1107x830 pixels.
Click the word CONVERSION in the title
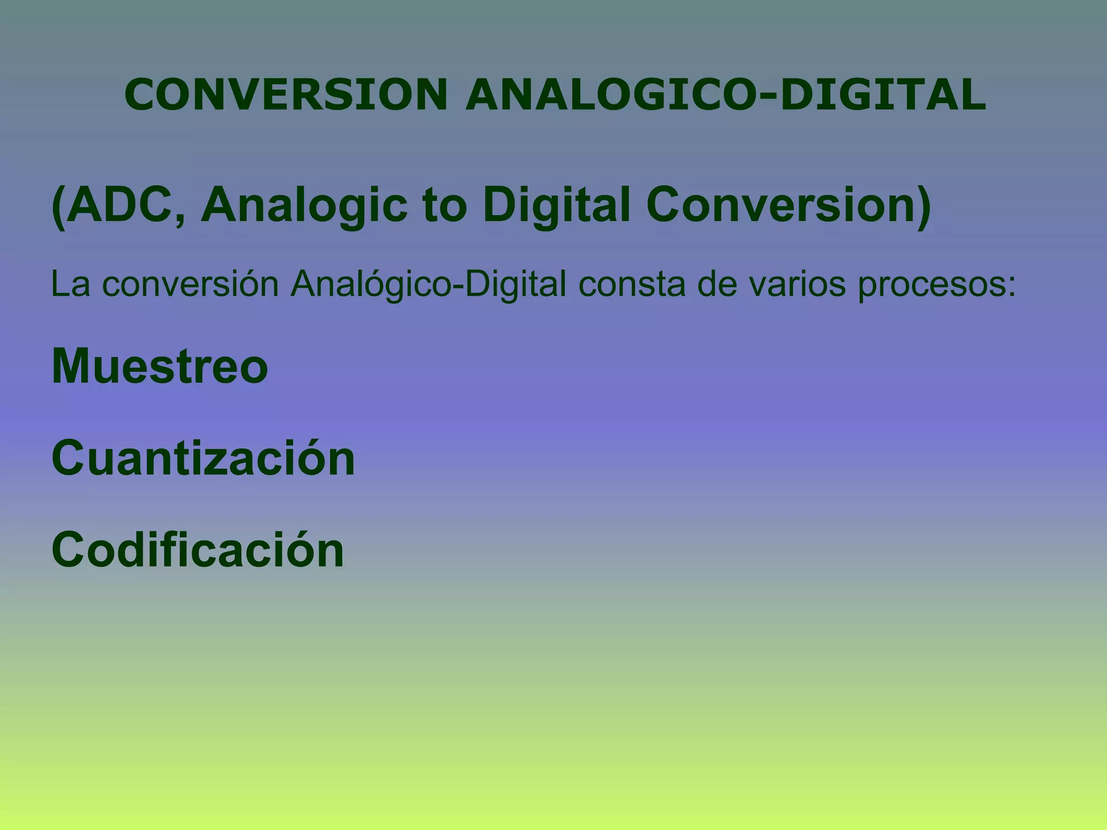tap(286, 95)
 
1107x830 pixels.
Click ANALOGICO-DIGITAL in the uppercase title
tap(725, 95)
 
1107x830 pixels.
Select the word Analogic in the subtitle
tap(304, 206)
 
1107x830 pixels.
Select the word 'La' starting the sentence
tap(70, 284)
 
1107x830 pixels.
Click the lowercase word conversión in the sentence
tap(190, 284)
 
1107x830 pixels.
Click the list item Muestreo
tap(160, 366)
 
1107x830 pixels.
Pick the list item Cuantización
tap(203, 458)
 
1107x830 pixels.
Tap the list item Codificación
tap(198, 550)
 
